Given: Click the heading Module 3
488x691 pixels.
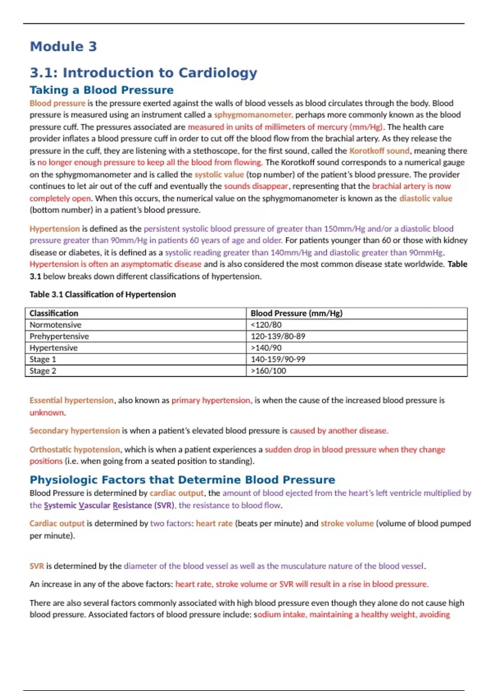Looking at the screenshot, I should (63, 46).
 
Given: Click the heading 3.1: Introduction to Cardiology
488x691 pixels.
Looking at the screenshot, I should (143, 73).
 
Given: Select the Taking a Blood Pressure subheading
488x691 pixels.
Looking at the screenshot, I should (101, 90).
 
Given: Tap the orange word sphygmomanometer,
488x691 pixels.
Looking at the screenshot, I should (253, 115).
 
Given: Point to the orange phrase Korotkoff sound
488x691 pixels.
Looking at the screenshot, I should (379, 151).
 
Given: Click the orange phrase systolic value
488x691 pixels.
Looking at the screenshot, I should (219, 175).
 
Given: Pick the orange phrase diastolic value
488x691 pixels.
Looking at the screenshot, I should (425, 198).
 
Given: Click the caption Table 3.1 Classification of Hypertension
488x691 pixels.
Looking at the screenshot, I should (102, 294).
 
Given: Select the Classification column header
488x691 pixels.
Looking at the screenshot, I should (54, 313).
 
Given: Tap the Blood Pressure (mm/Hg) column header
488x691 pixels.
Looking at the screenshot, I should (296, 313).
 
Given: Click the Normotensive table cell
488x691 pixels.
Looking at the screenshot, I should (55, 325).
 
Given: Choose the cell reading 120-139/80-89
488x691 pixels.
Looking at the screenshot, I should (278, 336).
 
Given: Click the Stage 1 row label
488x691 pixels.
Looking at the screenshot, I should (43, 359).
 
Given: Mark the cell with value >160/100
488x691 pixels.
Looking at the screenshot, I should (268, 371).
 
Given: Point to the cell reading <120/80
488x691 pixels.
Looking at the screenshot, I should (266, 325).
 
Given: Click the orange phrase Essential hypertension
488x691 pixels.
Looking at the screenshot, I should (71, 400).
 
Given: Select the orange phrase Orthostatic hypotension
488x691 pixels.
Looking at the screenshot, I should (74, 450).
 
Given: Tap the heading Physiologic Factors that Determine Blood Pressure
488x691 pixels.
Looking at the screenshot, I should (182, 480).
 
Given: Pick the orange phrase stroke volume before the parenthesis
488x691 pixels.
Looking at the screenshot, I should (347, 524).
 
